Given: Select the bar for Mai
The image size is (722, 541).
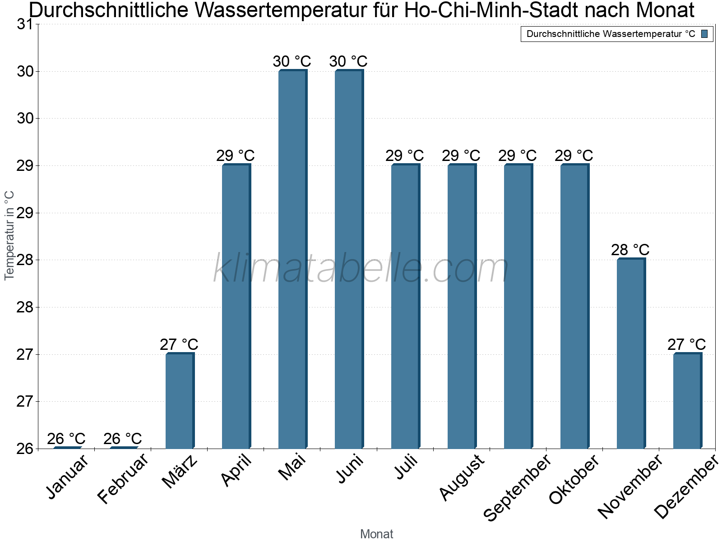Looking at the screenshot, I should point(292,259).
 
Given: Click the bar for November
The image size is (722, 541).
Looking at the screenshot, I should point(631,353).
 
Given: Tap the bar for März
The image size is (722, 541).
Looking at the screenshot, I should point(180,401).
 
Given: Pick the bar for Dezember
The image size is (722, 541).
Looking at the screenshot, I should point(687,401).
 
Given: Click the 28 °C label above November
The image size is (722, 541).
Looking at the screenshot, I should point(630,250).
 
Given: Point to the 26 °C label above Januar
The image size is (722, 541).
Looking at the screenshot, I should point(66,439).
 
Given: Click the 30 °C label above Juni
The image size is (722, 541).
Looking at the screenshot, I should point(348,61).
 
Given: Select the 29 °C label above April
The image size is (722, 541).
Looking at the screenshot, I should point(235,156).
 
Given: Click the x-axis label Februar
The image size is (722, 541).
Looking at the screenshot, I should point(123,479).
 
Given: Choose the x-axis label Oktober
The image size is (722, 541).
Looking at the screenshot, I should point(574,479).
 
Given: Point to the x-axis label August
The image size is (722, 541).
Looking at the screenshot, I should point(461,478).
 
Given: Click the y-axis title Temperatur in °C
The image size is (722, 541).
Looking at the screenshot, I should point(9,235).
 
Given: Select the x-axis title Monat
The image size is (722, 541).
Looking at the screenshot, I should point(376,534).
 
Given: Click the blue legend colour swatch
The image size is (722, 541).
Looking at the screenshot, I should point(704,34).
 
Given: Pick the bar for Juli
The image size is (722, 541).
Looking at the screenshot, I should point(405,307).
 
